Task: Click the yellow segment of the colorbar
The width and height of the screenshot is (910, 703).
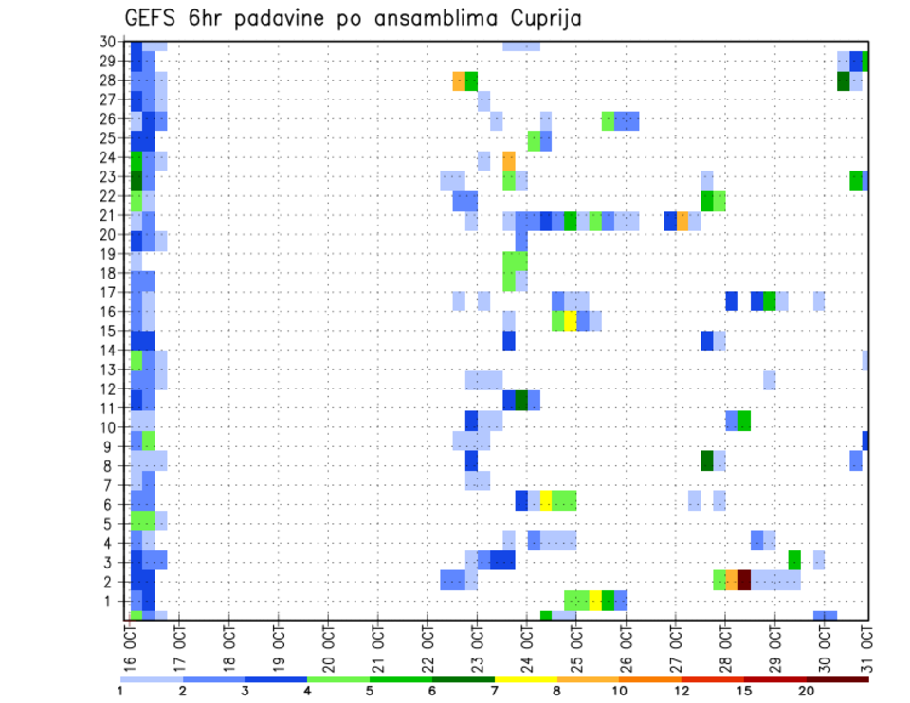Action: coord(525,679)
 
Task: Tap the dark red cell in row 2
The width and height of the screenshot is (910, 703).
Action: coord(744,581)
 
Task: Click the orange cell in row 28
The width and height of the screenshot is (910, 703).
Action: coord(459,81)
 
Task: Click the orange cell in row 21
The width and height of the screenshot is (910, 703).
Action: coord(682,221)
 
